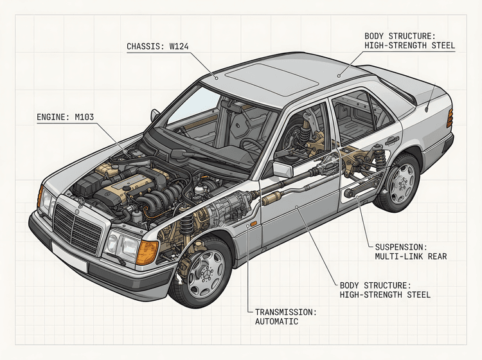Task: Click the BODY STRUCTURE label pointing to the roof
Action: tap(409, 41)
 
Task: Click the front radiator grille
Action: tap(77, 226)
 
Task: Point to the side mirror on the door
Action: tap(282, 169)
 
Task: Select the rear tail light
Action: tap(450, 117)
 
